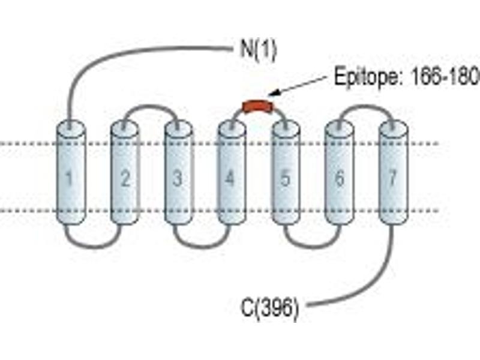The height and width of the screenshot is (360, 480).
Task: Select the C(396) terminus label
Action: tap(269, 308)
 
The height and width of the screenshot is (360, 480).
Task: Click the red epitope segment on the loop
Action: tap(258, 105)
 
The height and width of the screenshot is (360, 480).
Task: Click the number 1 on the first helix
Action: tap(70, 178)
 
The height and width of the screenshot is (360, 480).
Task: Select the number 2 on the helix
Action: tap(125, 178)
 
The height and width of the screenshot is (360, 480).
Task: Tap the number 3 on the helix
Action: tap(178, 178)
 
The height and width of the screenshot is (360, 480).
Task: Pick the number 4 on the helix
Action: tap(230, 178)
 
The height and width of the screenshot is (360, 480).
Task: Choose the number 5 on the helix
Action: tap(285, 178)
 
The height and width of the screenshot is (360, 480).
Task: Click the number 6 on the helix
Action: tap(340, 178)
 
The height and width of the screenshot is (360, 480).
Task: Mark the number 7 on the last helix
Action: tap(393, 178)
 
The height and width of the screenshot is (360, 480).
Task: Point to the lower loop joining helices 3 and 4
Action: tap(202, 246)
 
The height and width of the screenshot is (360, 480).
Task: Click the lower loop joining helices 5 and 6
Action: tap(312, 246)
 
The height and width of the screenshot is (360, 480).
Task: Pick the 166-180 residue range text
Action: tap(445, 77)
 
